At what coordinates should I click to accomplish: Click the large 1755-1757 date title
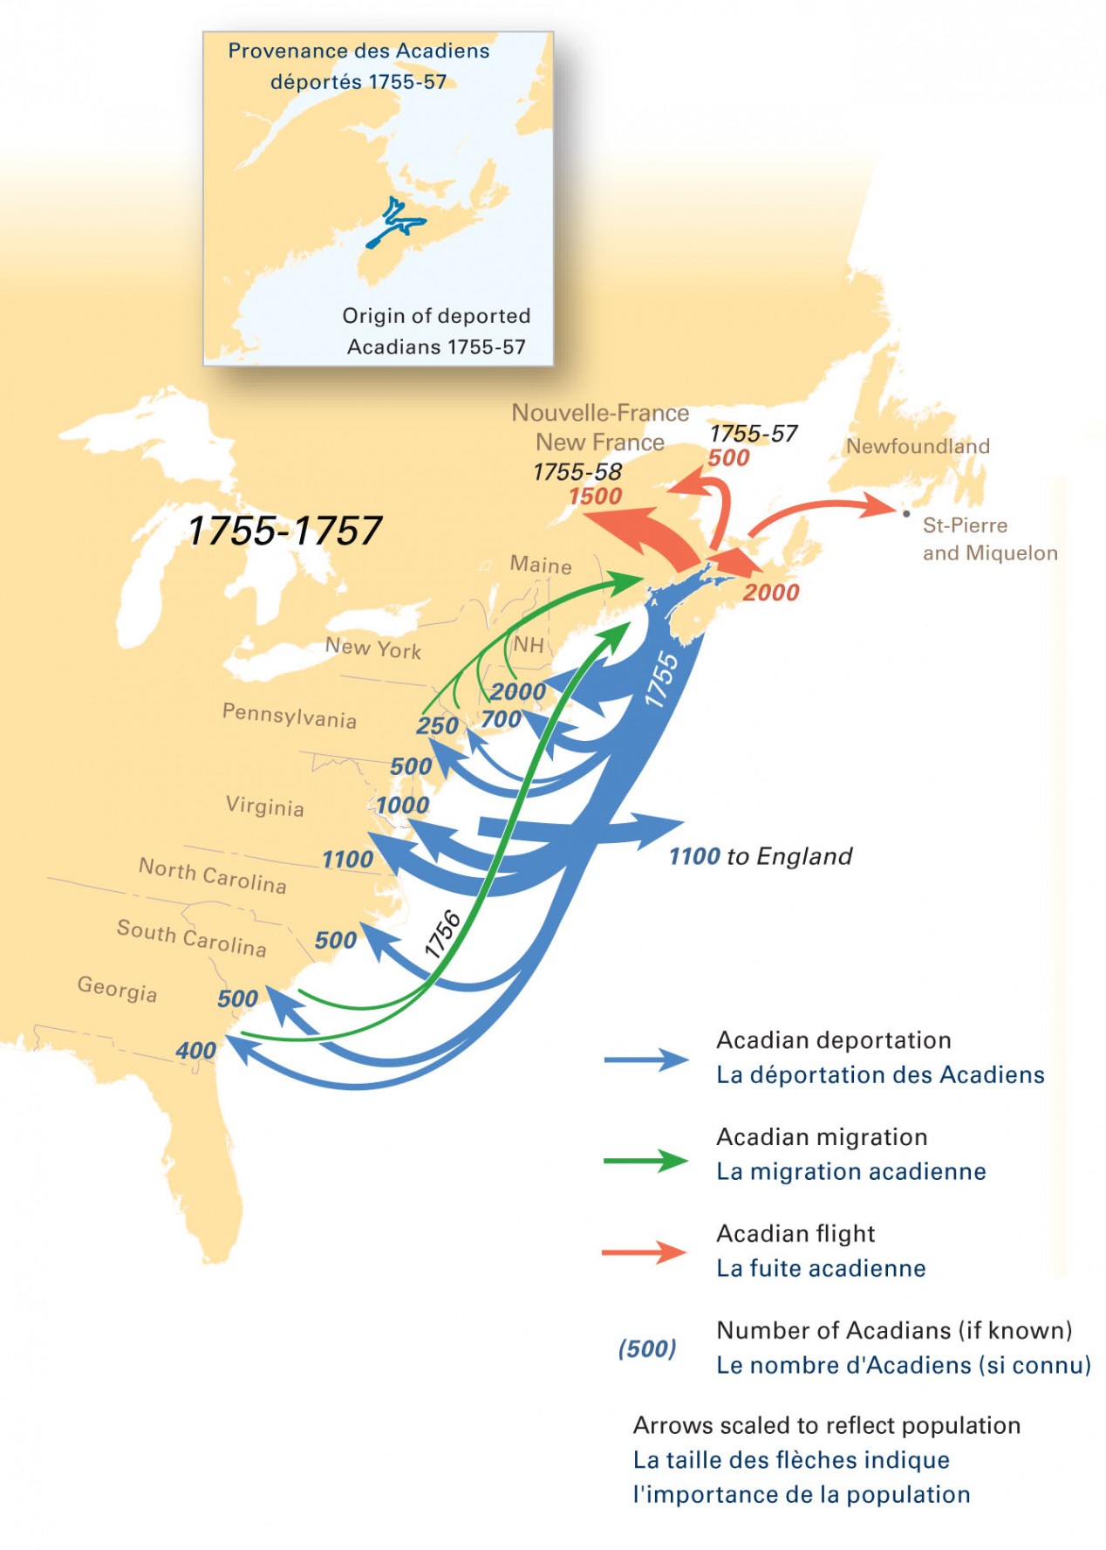click(285, 531)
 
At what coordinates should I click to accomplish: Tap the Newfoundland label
click(918, 446)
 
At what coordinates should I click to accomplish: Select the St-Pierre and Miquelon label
click(989, 538)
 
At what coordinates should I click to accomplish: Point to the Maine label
click(541, 565)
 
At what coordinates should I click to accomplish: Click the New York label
click(373, 648)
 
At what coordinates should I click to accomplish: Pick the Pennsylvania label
click(289, 716)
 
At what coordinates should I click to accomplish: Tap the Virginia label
click(265, 806)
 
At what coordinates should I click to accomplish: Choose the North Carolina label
click(213, 875)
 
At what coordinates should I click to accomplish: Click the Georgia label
click(117, 989)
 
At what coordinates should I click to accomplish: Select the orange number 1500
click(596, 497)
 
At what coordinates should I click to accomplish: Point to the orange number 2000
click(771, 593)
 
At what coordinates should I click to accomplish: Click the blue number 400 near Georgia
click(195, 1051)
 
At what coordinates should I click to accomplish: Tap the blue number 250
click(437, 726)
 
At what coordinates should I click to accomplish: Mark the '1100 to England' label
click(761, 856)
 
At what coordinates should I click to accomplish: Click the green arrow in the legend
click(645, 1161)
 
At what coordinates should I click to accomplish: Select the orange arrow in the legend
click(645, 1252)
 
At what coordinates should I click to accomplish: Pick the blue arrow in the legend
click(645, 1060)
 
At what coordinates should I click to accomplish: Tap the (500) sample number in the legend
click(647, 1348)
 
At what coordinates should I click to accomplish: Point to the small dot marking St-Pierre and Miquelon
click(906, 513)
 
